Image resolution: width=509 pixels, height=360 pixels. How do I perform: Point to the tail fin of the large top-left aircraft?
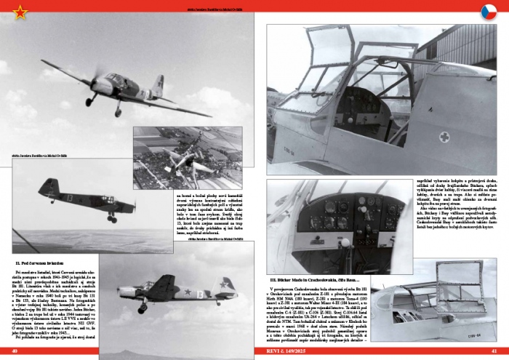point(159,84)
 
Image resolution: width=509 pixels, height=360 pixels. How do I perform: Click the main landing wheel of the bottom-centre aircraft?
point(142,308)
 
